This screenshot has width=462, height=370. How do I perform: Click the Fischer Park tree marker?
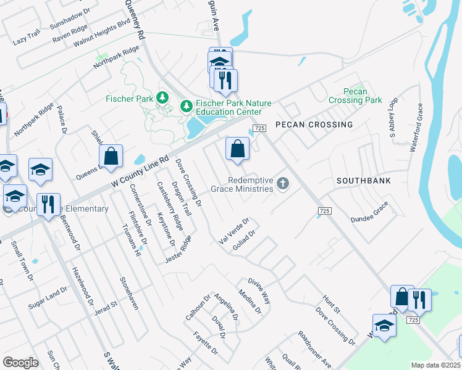pos(162,97)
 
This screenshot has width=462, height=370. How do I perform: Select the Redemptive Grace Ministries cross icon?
pos(283,183)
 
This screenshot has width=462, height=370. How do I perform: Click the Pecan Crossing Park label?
pos(355,96)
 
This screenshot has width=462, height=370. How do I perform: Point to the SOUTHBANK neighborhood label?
pos(362,181)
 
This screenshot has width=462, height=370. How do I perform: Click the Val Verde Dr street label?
pos(234,230)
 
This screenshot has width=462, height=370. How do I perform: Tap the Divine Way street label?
pos(259,290)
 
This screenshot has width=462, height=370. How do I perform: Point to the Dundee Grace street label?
pos(369,212)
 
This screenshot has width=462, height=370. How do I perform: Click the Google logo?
pos(20,362)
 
